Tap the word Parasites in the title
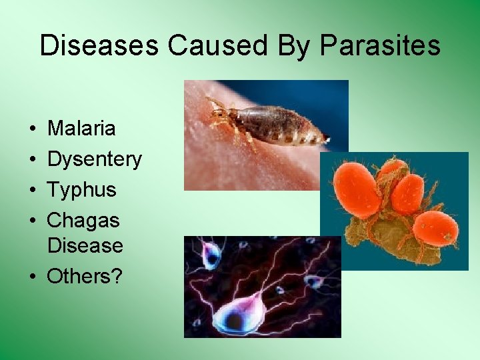[380, 46]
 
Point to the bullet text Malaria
[81, 128]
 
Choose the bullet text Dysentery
[94, 159]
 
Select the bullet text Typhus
[81, 190]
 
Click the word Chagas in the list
[83, 219]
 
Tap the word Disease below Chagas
[85, 245]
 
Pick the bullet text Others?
[85, 276]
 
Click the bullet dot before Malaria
[32, 129]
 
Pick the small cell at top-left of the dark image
[213, 253]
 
